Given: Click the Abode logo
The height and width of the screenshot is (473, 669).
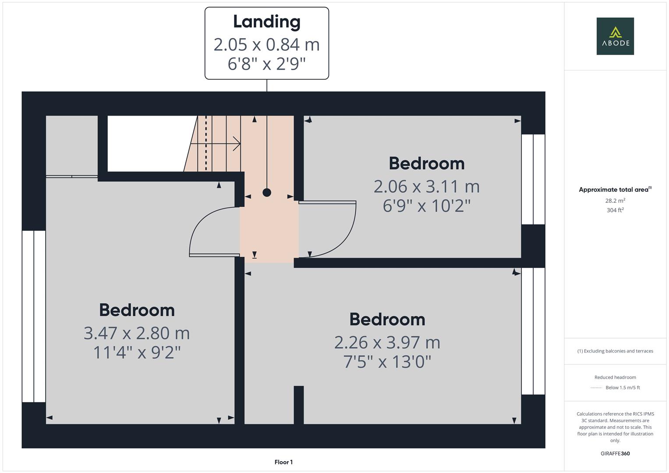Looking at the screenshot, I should [615, 36].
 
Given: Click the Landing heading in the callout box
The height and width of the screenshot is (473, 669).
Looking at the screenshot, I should [266, 21].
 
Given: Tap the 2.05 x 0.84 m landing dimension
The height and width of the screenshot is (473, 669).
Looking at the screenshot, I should [266, 44].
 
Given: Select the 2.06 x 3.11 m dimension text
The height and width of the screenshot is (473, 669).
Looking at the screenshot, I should [426, 187].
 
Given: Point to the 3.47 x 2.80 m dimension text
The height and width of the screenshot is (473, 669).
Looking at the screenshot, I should [137, 333].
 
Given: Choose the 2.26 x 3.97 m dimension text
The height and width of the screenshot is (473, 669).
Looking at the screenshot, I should [387, 342].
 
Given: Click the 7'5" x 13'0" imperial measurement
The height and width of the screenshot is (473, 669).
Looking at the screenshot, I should [387, 362].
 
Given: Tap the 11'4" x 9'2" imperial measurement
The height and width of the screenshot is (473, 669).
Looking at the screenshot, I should [137, 352].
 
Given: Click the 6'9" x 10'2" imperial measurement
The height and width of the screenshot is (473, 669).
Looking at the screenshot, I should [426, 205].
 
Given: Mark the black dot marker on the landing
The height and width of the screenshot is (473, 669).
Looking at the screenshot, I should [266, 192].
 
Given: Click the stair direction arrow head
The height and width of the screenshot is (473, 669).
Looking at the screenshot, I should [237, 144].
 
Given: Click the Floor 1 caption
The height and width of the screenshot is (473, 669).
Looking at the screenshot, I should [283, 462].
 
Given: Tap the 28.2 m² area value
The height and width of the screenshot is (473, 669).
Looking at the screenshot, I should [615, 201].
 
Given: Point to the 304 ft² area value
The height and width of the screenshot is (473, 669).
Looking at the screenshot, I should [615, 210].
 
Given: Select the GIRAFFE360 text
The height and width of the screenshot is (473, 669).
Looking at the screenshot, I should [615, 453].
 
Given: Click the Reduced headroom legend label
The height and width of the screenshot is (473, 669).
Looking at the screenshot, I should [615, 377].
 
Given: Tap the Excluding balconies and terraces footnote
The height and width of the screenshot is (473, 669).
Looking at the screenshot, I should [615, 351].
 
